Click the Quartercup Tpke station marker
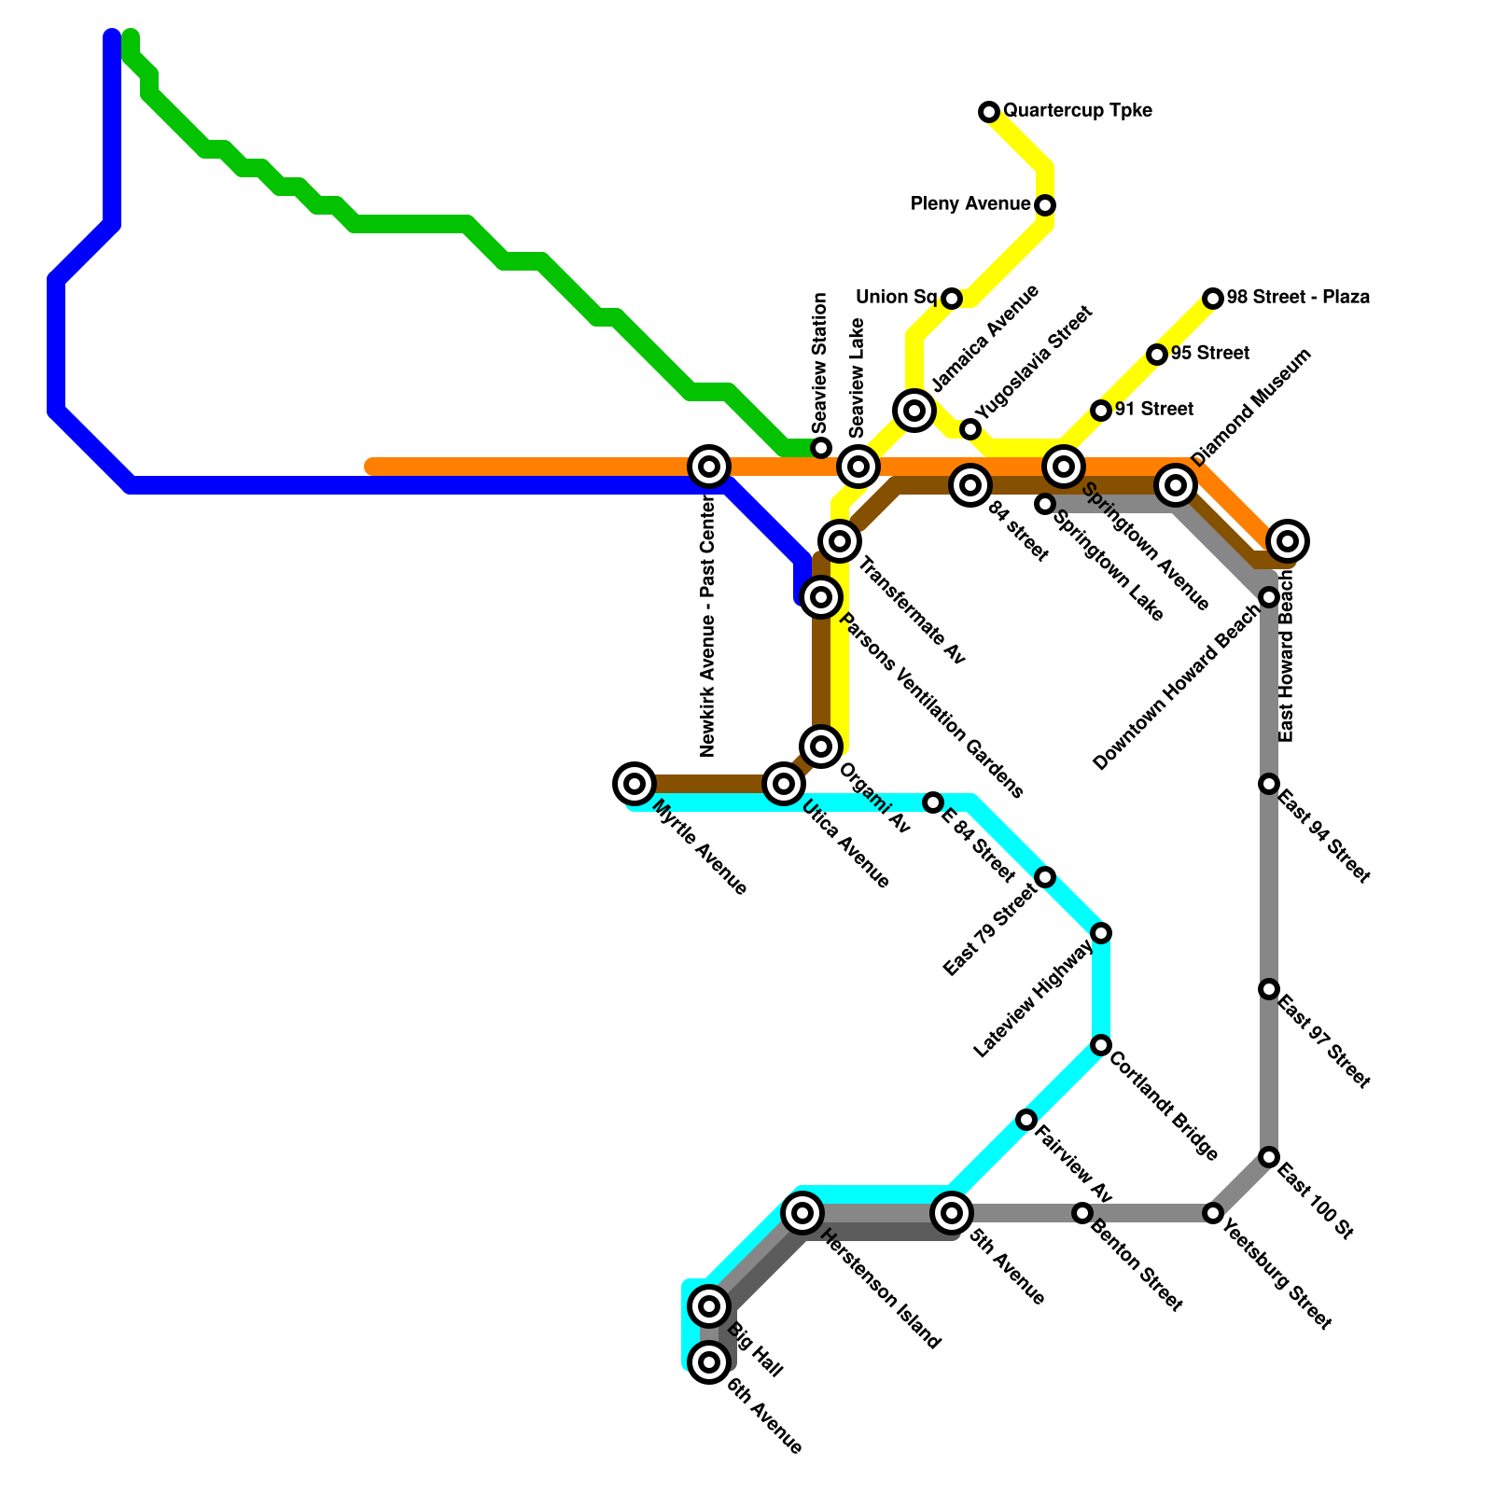pyautogui.click(x=989, y=112)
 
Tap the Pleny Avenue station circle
pyautogui.click(x=1045, y=205)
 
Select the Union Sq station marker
pyautogui.click(x=951, y=299)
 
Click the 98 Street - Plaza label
pyautogui.click(x=1298, y=298)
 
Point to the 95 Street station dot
pyautogui.click(x=1157, y=355)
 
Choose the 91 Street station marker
pyautogui.click(x=1101, y=411)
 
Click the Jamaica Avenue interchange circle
pyautogui.click(x=914, y=410)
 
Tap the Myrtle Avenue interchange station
pyautogui.click(x=635, y=784)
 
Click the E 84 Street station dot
pyautogui.click(x=933, y=802)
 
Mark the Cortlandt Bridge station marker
pyautogui.click(x=1101, y=1045)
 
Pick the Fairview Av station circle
pyautogui.click(x=1026, y=1120)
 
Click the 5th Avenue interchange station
pyautogui.click(x=952, y=1213)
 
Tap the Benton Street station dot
pyautogui.click(x=1082, y=1213)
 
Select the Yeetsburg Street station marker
pyautogui.click(x=1213, y=1213)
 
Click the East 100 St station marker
pyautogui.click(x=1269, y=1157)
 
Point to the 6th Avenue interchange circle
pyautogui.click(x=709, y=1362)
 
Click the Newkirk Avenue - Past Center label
pyautogui.click(x=708, y=625)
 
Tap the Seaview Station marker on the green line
pyautogui.click(x=821, y=448)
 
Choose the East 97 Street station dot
pyautogui.click(x=1269, y=989)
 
